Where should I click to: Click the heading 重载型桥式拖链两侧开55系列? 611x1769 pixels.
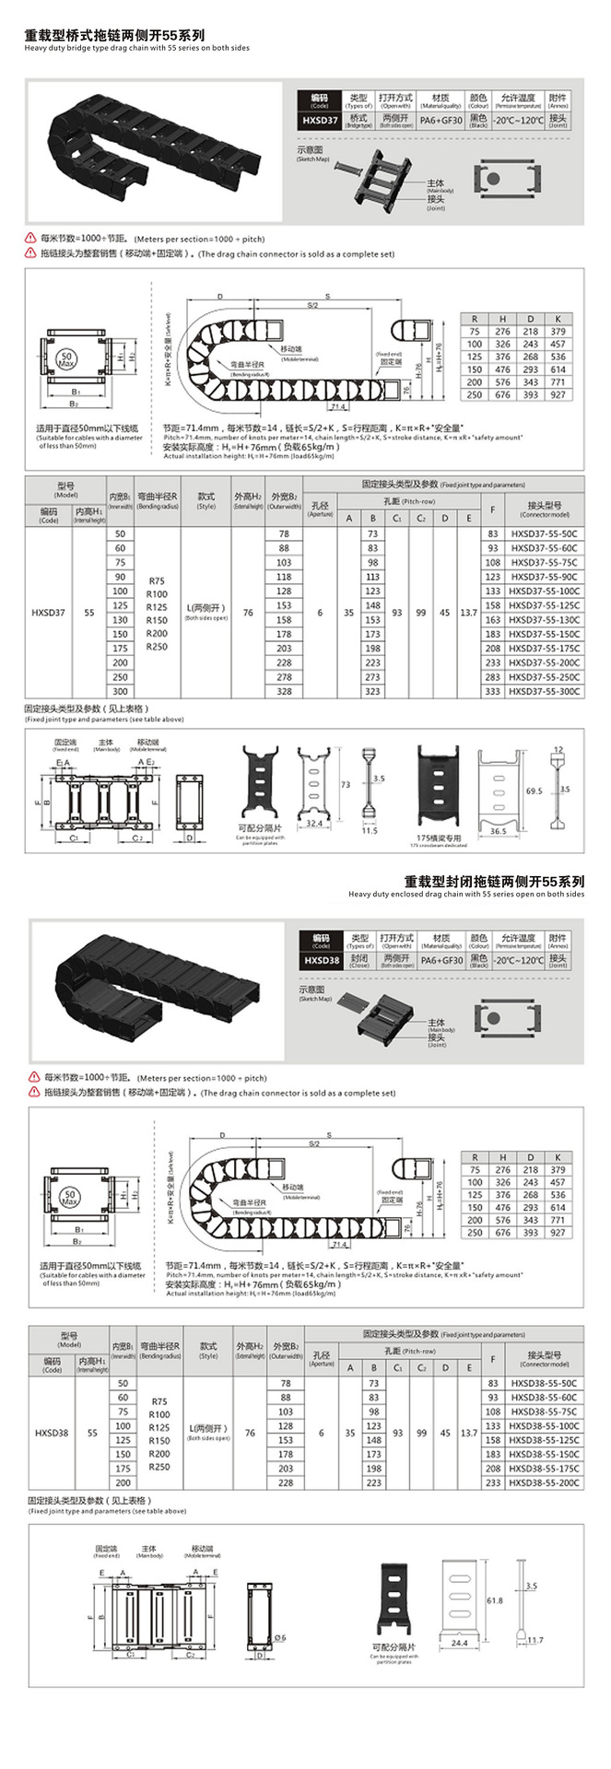coord(115,36)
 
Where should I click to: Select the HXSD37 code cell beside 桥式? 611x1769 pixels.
coord(320,120)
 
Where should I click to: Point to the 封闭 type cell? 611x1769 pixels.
coord(359,958)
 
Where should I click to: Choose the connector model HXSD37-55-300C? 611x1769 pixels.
coord(545,691)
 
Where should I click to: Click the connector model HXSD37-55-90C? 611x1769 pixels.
coord(544,577)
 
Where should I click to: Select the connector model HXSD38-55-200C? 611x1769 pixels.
coord(545,1482)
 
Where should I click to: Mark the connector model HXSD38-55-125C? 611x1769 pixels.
coord(545,1439)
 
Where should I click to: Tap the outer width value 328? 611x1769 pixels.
coord(284,691)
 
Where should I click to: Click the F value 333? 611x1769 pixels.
coord(493,691)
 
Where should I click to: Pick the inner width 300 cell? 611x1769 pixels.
coord(121,691)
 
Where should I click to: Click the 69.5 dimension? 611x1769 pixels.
coord(534,791)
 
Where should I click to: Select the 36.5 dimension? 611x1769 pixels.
coord(498,831)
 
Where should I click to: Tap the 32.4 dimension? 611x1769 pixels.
coord(314,824)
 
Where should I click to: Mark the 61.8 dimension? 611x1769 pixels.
coord(494,1600)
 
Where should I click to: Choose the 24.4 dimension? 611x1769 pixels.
coord(460,1643)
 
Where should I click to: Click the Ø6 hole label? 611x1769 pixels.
coord(281,1636)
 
